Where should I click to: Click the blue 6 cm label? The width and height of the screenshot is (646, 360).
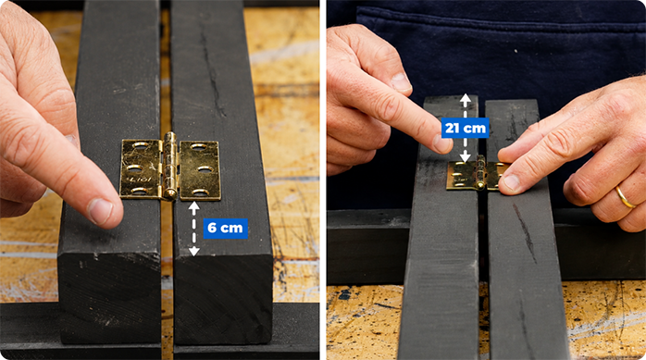click(x=225, y=229)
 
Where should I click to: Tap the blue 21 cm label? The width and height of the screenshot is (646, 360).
click(x=466, y=128)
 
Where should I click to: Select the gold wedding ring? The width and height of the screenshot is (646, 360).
click(x=625, y=197)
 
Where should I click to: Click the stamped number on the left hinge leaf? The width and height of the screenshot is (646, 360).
click(x=139, y=180)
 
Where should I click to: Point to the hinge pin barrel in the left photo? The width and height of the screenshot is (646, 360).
click(x=170, y=166)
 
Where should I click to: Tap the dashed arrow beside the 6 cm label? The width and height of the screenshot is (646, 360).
click(x=194, y=229)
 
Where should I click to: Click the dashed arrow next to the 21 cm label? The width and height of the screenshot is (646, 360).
click(x=466, y=128)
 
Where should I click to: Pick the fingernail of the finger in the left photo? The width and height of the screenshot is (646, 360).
click(x=100, y=210)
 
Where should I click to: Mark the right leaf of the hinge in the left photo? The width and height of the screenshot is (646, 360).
click(x=199, y=170)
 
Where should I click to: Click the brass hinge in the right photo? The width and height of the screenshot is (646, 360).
click(x=478, y=175)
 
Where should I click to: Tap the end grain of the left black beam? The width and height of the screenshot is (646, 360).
click(x=109, y=296)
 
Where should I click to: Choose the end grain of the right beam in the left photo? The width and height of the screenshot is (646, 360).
click(x=223, y=299)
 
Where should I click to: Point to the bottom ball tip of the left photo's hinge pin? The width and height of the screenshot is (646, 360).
click(x=169, y=194)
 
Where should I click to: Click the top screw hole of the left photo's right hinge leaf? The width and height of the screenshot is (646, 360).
click(x=199, y=146)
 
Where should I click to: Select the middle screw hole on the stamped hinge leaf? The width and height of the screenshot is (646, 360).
click(x=135, y=168)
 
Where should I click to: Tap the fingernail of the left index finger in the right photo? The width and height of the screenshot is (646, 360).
click(x=442, y=143)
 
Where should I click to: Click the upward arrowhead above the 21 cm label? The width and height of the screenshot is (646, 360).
click(x=466, y=98)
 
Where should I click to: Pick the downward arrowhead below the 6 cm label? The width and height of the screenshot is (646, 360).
click(x=194, y=251)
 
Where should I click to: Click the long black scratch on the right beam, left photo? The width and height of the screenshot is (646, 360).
click(x=212, y=68)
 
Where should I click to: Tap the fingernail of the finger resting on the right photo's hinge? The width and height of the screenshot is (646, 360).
click(x=511, y=182)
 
